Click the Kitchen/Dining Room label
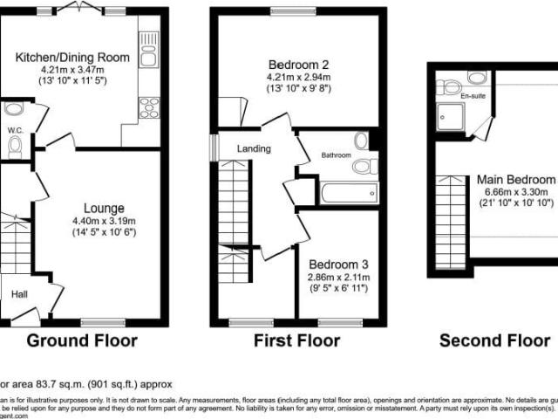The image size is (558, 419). (x=72, y=58)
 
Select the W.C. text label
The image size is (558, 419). (x=14, y=131)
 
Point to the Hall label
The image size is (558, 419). (x=19, y=294)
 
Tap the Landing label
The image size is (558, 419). (x=254, y=148)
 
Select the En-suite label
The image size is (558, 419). (x=473, y=96)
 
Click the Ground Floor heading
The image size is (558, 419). (x=84, y=340)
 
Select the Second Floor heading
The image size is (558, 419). (x=495, y=340)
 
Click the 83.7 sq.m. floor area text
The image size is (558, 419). (x=70, y=383)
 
